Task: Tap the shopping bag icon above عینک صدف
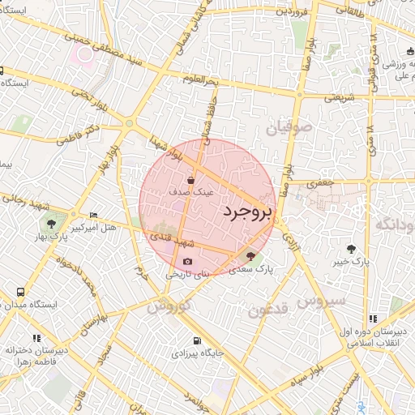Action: click(x=190, y=180)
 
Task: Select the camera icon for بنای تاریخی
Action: click(x=188, y=262)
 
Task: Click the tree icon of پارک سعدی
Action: click(x=249, y=256)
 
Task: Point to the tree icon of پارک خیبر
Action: click(x=350, y=249)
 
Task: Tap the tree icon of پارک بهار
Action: click(x=52, y=223)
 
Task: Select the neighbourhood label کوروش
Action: click(x=169, y=307)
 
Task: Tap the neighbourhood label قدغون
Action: click(x=267, y=310)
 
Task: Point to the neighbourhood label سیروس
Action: click(x=321, y=301)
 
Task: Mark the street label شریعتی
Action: click(x=340, y=96)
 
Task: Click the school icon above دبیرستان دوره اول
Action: click(x=373, y=319)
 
